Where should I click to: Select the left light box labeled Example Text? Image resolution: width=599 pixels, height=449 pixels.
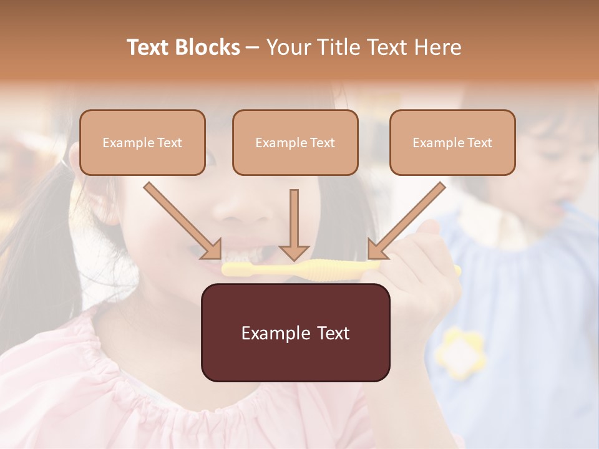pyautogui.click(x=142, y=143)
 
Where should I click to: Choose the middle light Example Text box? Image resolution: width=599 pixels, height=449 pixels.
pyautogui.click(x=295, y=143)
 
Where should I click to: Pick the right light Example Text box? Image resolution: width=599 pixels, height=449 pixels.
pyautogui.click(x=452, y=143)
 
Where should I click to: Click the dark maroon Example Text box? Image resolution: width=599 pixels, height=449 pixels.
pyautogui.click(x=295, y=333)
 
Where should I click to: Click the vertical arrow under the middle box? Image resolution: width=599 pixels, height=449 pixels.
pyautogui.click(x=294, y=224)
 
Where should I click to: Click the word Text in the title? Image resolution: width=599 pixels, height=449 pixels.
pyautogui.click(x=150, y=47)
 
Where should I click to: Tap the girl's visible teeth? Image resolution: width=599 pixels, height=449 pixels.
pyautogui.click(x=246, y=255)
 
